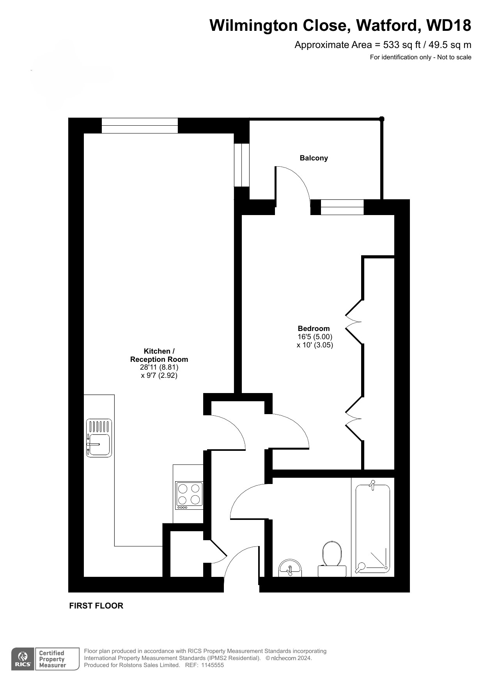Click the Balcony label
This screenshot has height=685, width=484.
click(314, 158)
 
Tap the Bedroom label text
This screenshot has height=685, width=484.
click(314, 329)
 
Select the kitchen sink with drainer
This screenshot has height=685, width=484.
click(99, 438)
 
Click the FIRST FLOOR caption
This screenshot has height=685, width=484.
click(96, 606)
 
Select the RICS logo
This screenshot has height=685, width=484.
click(23, 659)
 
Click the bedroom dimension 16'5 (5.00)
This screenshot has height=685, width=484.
click(315, 337)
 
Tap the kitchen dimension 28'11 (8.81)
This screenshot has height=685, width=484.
click(159, 367)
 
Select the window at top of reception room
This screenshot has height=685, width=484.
click(140, 126)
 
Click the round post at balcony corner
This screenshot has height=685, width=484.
click(382, 119)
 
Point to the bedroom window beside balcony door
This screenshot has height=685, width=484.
click(342, 207)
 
